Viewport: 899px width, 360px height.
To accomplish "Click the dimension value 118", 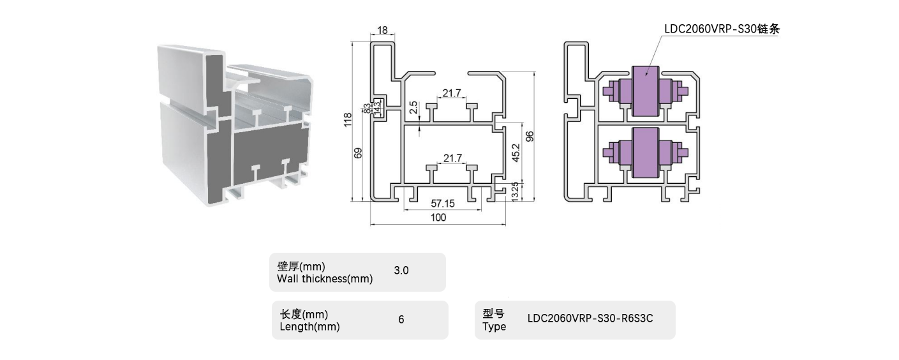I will [348, 120].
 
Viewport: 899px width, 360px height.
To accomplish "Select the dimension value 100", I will [438, 218].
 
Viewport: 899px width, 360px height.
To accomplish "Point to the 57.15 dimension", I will [442, 204].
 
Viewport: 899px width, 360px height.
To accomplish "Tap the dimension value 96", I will [529, 136].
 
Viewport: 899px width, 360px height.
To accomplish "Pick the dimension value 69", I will [358, 153].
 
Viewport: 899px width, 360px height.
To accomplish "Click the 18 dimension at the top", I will [382, 30].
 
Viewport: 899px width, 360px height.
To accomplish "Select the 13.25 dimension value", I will [516, 191].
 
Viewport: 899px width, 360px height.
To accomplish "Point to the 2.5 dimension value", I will [413, 107].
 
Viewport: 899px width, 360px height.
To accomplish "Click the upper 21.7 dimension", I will [452, 94].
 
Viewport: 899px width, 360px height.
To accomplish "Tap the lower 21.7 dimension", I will [452, 158].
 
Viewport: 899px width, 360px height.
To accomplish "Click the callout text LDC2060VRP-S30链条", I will [722, 29].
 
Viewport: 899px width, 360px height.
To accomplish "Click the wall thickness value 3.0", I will [401, 271].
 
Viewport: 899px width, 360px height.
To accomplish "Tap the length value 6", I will [401, 319].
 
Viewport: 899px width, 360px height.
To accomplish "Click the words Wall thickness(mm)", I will [325, 278].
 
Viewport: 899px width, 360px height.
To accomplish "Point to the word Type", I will [494, 327].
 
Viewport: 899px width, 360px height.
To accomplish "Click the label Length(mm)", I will [309, 327].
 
